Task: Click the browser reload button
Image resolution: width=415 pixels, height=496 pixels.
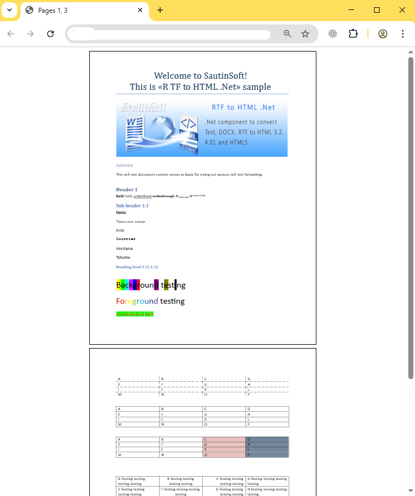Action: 50,34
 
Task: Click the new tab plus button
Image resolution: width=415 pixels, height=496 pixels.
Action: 160,10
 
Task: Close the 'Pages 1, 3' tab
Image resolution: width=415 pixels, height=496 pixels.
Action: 140,10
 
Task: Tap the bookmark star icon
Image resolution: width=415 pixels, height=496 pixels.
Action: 305,34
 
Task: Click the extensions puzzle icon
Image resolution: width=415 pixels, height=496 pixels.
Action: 353,34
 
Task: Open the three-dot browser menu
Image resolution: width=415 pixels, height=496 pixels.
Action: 403,34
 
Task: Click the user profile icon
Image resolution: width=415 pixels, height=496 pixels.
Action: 383,34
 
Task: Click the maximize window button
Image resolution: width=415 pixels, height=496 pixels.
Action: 377,10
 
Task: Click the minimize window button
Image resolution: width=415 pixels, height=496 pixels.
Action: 351,10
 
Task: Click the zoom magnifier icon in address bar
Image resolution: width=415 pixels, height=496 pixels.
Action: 288,34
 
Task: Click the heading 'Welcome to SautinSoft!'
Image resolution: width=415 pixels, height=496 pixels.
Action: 200,76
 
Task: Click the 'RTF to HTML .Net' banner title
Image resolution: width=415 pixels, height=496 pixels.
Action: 243,107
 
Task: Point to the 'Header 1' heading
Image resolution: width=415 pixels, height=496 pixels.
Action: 126,190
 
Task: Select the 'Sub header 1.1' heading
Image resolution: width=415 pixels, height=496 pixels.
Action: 132,206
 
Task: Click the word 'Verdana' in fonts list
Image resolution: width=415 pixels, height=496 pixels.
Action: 124,248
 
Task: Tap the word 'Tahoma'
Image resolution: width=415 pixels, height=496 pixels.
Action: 123,257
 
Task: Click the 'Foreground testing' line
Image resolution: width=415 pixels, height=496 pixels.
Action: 150,301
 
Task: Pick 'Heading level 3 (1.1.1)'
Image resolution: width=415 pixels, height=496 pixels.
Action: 137,267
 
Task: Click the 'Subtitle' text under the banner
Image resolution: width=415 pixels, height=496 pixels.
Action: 124,165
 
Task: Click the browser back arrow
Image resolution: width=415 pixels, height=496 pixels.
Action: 11,34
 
